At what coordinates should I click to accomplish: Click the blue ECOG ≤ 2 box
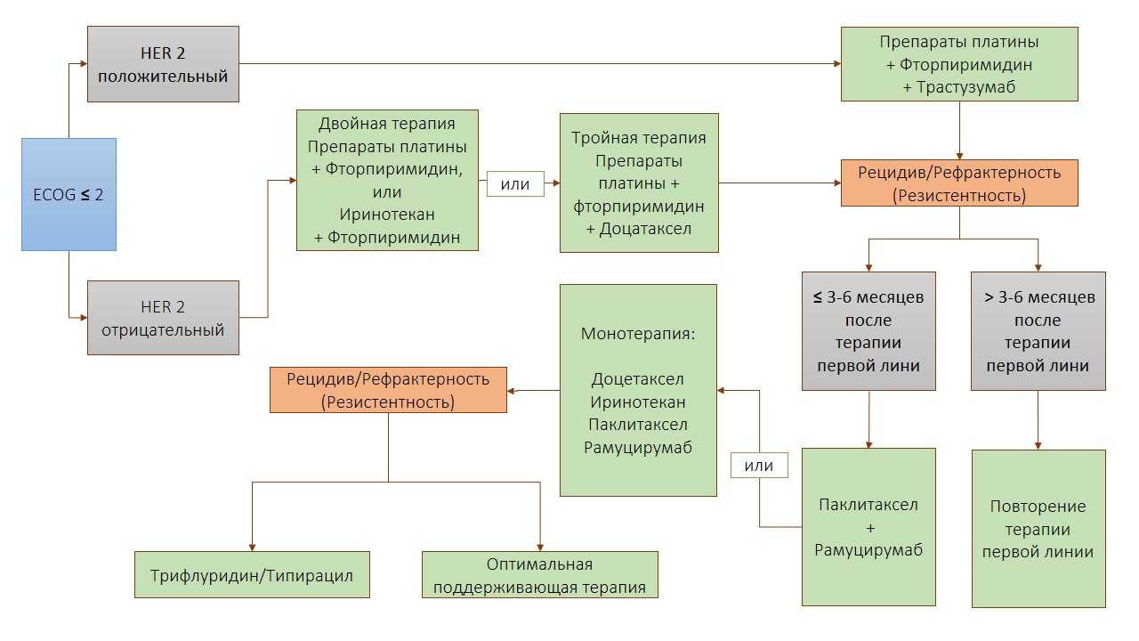69,194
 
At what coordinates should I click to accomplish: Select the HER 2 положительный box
163,64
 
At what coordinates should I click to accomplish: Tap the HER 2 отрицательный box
163,318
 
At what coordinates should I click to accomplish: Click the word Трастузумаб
958,87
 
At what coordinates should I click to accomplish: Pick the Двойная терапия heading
387,123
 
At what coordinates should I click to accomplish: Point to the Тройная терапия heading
639,138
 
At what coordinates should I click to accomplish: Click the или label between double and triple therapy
515,184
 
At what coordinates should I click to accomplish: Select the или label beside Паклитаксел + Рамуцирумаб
759,466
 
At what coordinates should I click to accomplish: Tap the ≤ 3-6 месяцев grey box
868,331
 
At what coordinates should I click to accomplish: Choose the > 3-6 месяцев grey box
1038,331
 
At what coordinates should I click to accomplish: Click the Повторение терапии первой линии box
1038,528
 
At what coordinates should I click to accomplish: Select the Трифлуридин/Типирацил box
252,575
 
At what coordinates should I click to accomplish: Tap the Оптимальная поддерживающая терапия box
539,575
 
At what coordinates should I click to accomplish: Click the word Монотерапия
638,334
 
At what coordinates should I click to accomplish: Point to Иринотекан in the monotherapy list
638,402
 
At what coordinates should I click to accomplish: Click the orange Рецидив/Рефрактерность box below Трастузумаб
958,183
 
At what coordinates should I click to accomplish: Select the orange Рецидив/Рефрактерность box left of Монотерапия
388,390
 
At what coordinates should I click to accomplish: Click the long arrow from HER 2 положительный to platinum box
534,64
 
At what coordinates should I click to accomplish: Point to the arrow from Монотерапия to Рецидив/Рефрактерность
534,390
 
